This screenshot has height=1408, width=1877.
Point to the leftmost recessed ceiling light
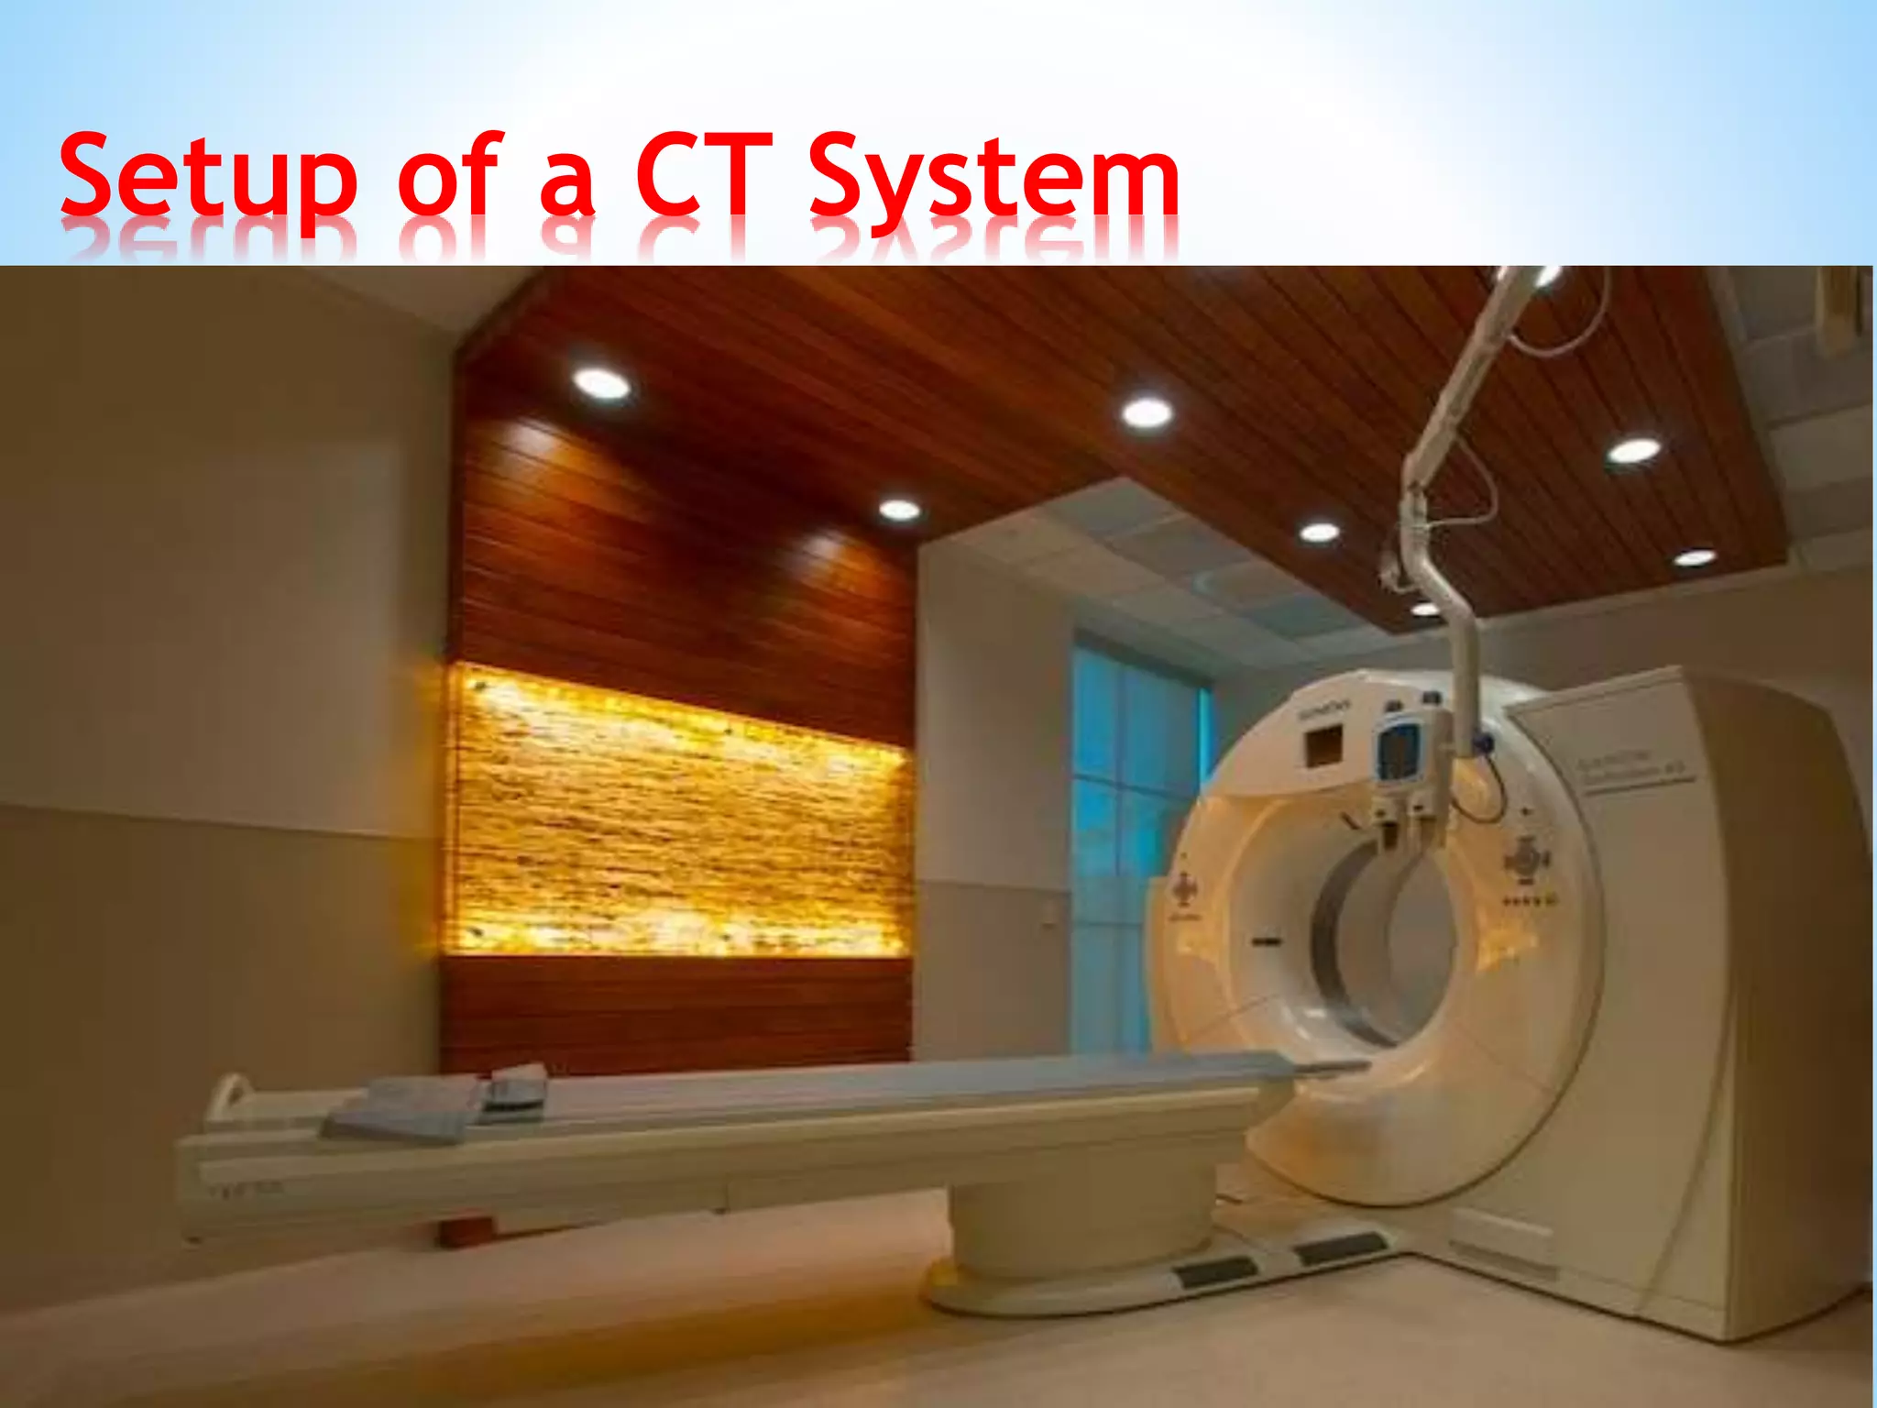(601, 383)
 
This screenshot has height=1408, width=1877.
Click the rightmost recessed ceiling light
(1695, 557)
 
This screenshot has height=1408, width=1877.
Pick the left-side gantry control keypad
(1185, 887)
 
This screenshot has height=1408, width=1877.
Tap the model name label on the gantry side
(1637, 766)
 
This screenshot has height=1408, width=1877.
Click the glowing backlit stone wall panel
(678, 816)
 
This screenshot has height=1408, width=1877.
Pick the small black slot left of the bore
(1268, 940)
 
